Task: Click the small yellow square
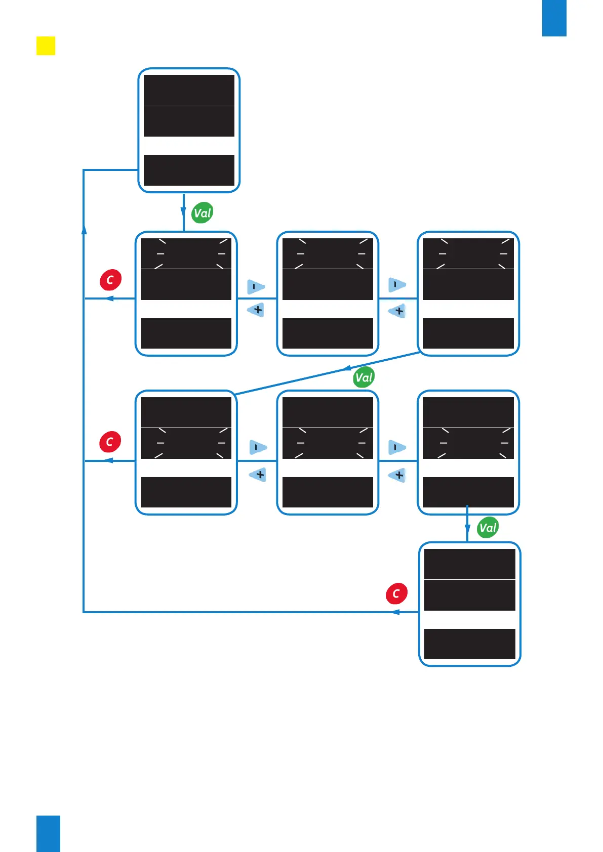pos(46,46)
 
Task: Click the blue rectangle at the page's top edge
pos(554,18)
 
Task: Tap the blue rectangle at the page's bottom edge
pos(48,833)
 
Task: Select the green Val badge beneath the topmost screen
pos(203,213)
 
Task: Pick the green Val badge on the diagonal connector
pos(364,377)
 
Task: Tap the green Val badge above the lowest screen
pos(488,528)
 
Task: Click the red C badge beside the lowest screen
pos(396,593)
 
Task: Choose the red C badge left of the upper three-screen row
pos(110,280)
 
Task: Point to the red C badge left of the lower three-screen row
pos(110,442)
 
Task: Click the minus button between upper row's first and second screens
pos(255,286)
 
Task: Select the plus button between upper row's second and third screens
pos(398,311)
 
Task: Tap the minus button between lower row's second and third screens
pos(397,447)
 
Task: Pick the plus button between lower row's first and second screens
pos(258,475)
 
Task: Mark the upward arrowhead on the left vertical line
pos(84,229)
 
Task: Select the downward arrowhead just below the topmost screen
pos(183,211)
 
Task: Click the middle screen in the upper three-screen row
pos(328,293)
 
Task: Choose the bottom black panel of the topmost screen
pos(189,170)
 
